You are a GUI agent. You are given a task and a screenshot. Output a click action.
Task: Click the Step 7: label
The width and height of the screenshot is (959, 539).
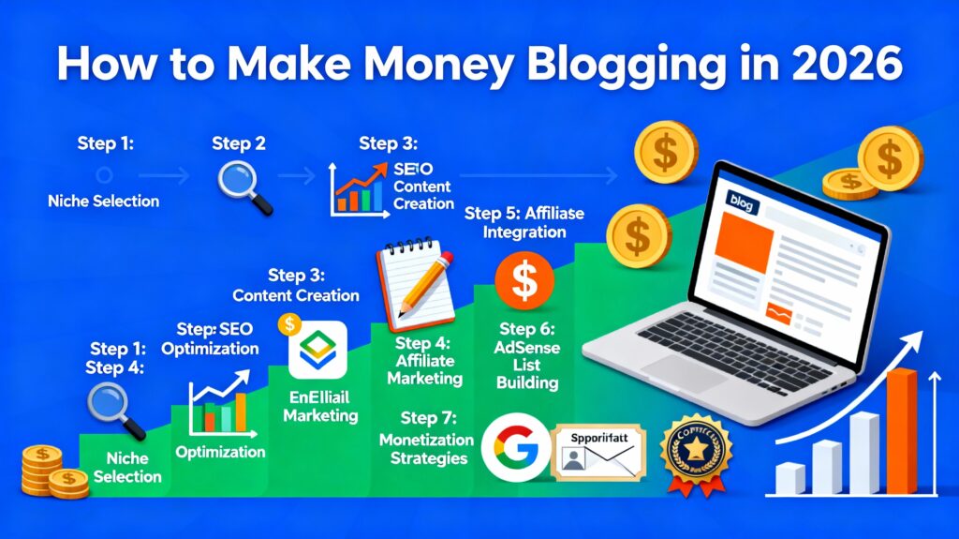coord(432,417)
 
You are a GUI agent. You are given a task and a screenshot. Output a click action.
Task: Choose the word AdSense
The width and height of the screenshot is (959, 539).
coord(527,349)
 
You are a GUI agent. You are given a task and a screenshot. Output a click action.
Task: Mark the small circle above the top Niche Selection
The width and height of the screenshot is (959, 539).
coord(105,174)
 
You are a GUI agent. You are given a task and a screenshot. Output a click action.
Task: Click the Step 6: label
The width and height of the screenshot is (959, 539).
coord(527,329)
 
